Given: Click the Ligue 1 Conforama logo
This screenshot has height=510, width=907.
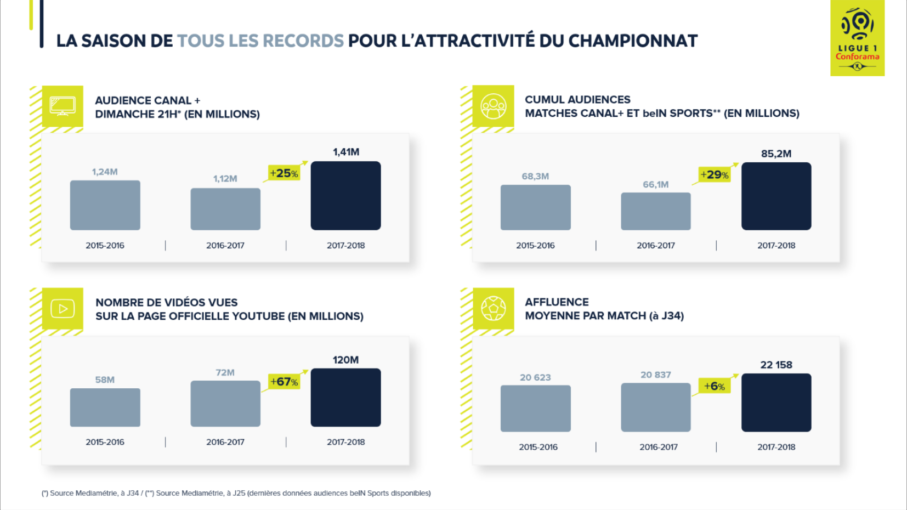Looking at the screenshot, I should [x=857, y=38].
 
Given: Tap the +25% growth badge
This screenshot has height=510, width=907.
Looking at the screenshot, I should [x=284, y=173].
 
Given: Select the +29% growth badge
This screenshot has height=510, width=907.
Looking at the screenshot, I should [x=715, y=175].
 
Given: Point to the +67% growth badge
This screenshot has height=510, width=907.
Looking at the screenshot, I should [x=284, y=382].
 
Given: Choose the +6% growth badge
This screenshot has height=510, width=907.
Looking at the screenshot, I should [x=715, y=386].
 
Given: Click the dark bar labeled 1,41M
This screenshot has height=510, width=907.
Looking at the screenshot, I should [x=345, y=196].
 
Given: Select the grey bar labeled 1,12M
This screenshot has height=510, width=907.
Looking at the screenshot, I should [x=225, y=209].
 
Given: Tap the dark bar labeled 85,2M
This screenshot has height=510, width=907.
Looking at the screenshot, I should [x=776, y=196].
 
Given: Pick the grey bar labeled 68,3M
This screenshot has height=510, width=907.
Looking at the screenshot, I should [x=535, y=207].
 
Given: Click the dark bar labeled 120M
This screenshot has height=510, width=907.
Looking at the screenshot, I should [x=345, y=398].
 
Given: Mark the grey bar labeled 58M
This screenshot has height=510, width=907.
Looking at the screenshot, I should [x=105, y=407].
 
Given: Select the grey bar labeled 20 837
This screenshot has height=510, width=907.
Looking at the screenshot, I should [x=655, y=407].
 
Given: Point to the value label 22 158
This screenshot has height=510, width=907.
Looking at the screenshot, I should [x=776, y=365].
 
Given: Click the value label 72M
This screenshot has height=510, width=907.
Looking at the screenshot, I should [x=225, y=373].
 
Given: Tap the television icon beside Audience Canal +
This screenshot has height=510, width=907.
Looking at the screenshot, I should [x=63, y=106].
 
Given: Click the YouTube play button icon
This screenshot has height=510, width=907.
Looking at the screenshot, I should [x=63, y=309].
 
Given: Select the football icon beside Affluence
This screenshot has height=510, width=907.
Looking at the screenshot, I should [x=493, y=308].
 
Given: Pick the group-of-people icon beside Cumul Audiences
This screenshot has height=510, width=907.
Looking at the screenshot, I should [x=493, y=106].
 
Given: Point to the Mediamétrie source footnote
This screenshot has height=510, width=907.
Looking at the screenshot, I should [x=236, y=493].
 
